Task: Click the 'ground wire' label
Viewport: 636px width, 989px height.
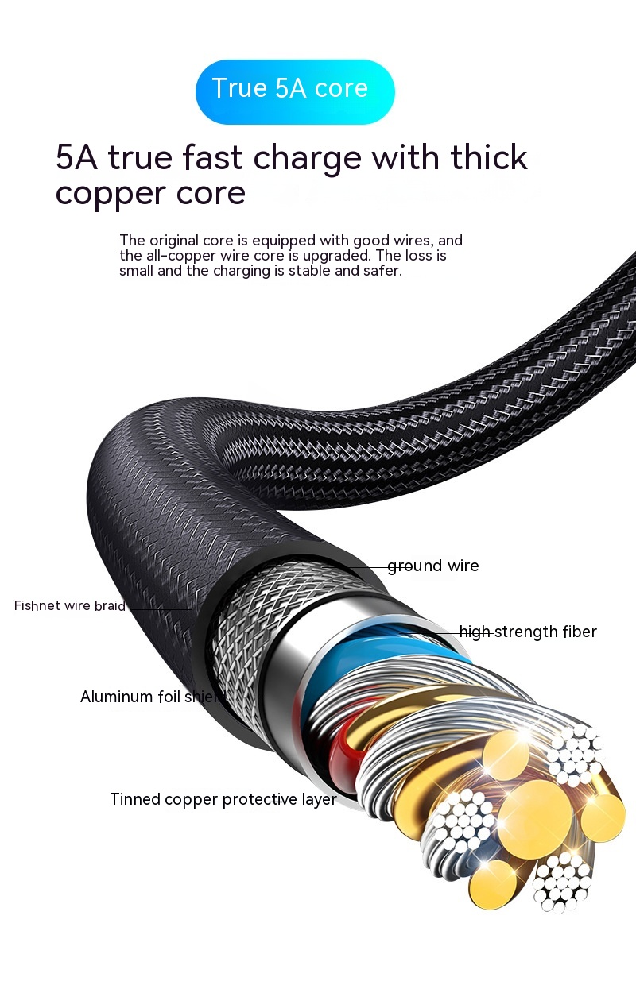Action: [433, 566]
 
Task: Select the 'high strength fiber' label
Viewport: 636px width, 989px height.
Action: [528, 632]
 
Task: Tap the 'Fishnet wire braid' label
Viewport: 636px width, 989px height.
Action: [70, 606]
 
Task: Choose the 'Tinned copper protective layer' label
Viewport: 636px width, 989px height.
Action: [223, 799]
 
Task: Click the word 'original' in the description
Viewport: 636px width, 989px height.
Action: [172, 241]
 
